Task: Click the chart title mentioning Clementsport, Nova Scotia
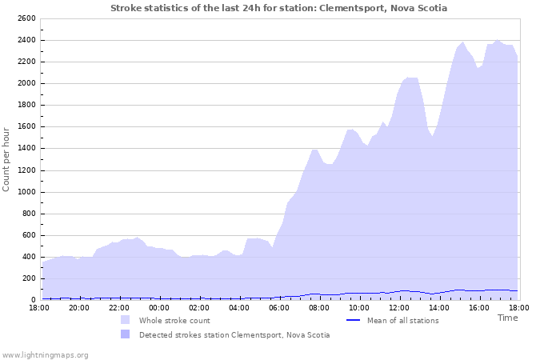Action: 278,8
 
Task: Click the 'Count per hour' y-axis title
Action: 7,159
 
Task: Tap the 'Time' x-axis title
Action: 507,318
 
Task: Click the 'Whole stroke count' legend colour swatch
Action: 126,320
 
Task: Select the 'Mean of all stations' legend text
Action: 402,320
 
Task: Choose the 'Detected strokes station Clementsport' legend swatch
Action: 126,334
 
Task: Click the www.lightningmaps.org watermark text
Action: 45,354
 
